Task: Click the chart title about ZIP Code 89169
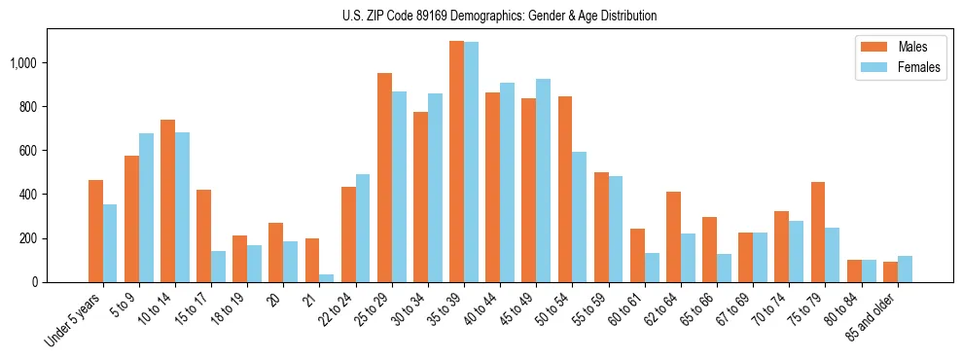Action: coord(499,16)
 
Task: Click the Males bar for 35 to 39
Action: coord(456,162)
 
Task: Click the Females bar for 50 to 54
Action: coord(580,217)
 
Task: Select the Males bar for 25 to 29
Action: coord(384,177)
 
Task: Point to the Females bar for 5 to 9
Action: coord(146,207)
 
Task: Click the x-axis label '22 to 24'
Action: coord(341,309)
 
